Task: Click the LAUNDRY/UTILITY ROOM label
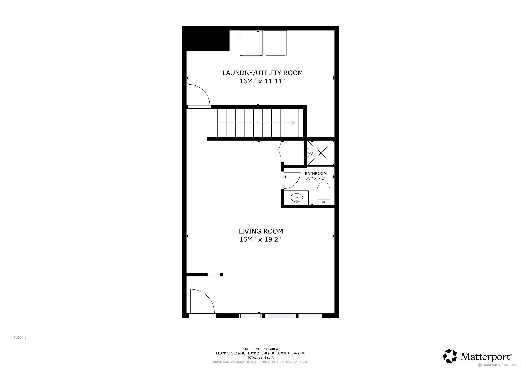tap(263, 73)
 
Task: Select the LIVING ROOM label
tap(260, 231)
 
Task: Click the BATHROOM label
tap(316, 174)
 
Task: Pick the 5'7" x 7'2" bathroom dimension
tap(315, 178)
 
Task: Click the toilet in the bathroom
tap(324, 193)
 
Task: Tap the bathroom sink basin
tap(297, 197)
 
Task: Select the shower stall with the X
tap(321, 153)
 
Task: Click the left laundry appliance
tap(251, 43)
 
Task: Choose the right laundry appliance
tap(275, 43)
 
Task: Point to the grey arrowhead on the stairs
tap(294, 123)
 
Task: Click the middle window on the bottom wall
tap(281, 316)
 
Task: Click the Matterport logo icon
tap(450, 356)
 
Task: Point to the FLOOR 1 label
tap(20, 338)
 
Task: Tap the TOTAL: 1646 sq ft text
tap(260, 357)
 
